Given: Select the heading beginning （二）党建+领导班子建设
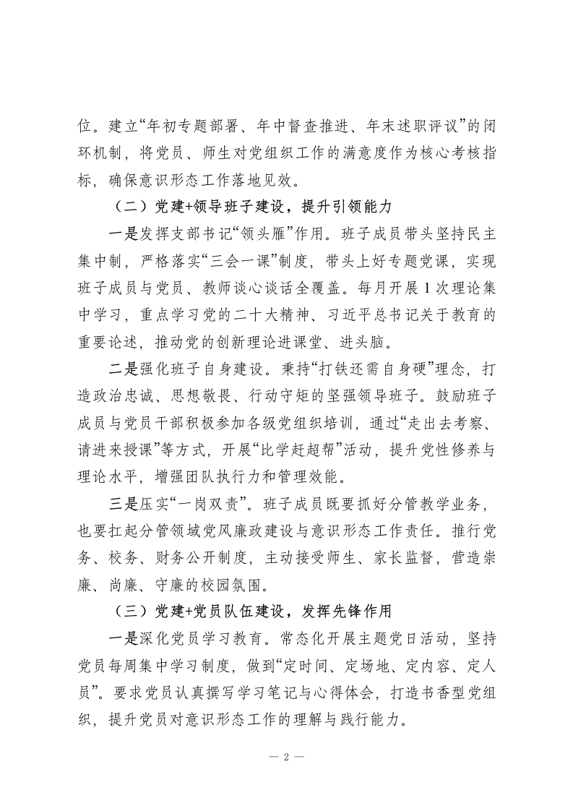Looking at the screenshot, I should coord(253,207).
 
